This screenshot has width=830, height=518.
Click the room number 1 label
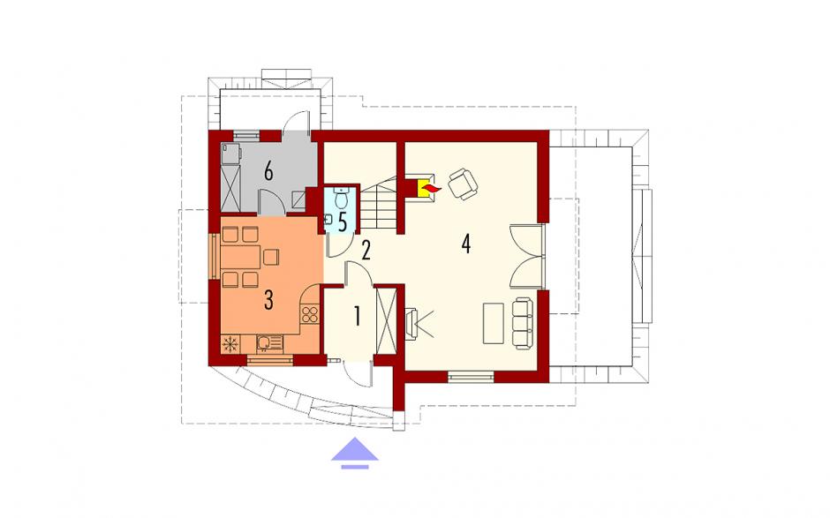pos(358,317)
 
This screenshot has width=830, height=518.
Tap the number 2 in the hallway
pos(366,251)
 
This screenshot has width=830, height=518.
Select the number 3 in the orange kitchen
pos(268,300)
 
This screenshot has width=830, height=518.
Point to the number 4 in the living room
pos(466,244)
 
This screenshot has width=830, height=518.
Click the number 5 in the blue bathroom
pos(343,222)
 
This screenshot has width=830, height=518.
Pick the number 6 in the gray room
pos(268,172)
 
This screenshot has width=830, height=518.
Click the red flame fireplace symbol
pos(426,188)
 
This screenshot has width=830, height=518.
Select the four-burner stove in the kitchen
pos(310,315)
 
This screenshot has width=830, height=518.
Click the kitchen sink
pos(269,343)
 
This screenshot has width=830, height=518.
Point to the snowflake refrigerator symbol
pos(230,344)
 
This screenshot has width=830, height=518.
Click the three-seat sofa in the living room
pos(522,323)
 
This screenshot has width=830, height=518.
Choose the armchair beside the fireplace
pos(463,184)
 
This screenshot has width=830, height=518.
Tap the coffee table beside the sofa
pos(494,323)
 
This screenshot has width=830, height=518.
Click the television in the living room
pos(411,323)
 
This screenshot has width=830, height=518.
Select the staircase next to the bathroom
pos(379,203)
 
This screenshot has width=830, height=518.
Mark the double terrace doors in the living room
pos(527,257)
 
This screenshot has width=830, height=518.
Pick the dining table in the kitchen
pos(241,257)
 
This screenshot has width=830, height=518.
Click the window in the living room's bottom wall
pos(471,377)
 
